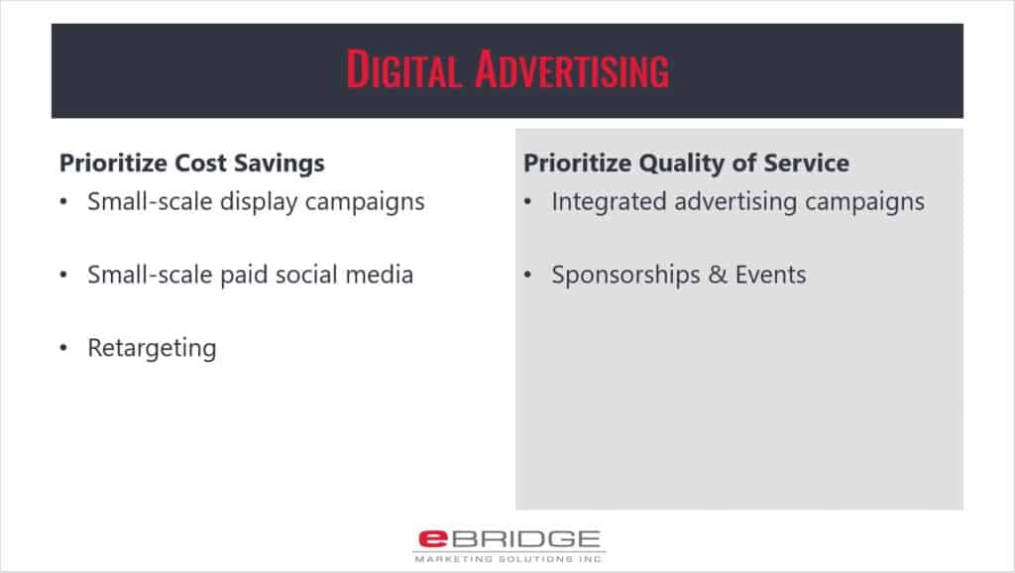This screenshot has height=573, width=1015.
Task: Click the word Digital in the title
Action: [404, 69]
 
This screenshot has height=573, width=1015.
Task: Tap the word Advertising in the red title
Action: [572, 69]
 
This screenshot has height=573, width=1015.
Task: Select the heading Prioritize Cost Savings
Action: [192, 164]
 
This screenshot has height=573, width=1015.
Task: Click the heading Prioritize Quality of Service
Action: [686, 164]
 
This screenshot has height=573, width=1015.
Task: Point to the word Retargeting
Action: [152, 348]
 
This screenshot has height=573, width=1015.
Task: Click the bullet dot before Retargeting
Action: [63, 348]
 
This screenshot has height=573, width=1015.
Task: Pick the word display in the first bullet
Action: [259, 202]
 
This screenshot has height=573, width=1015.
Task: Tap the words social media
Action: [344, 275]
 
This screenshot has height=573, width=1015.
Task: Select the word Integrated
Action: [610, 202]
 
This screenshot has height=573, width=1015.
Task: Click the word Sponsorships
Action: [626, 276]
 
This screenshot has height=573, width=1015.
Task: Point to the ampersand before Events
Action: [718, 276]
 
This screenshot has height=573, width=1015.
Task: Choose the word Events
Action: [770, 276]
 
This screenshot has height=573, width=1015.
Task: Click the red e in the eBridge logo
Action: [432, 538]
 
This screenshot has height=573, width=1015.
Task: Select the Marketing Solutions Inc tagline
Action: [508, 559]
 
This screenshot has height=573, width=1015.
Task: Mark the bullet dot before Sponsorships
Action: [527, 276]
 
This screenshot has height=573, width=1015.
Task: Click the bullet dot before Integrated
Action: [527, 202]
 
